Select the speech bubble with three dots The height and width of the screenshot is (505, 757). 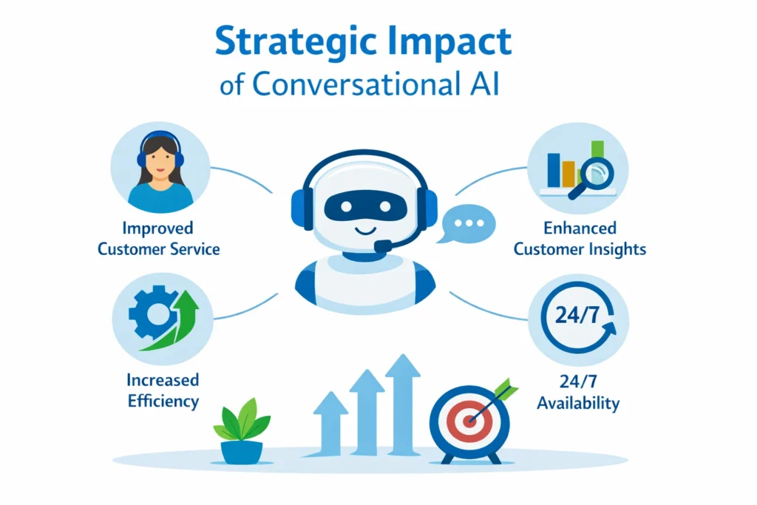466,223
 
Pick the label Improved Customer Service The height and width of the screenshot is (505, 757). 159,238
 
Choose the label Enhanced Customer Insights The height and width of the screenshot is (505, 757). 580,238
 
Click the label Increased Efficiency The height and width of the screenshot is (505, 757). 163,390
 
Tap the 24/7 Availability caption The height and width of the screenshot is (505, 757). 578,393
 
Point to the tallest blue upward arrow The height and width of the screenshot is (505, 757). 403,403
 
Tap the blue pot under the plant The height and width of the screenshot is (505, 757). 242,451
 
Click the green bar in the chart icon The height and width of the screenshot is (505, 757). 597,152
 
